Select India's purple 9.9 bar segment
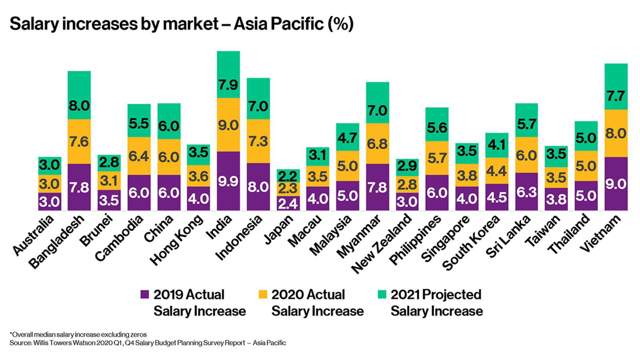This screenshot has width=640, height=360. point(228,181)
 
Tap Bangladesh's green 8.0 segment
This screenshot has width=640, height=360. point(79,95)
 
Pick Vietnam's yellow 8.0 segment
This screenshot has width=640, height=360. point(616,133)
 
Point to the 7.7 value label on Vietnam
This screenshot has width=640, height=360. point(616,96)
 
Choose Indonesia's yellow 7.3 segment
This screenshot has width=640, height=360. point(258,141)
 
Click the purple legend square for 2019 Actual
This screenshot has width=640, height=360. point(145,294)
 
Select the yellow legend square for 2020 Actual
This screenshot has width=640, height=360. point(263,294)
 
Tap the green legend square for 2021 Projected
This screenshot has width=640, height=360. point(382,294)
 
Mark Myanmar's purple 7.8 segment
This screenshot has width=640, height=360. point(377,187)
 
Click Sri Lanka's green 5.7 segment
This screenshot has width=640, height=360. point(526,120)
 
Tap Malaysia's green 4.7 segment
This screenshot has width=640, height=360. point(347,137)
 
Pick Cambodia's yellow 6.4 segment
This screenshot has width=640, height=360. point(139,156)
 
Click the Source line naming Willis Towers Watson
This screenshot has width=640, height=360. point(148,343)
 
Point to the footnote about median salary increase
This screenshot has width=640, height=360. point(78,334)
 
